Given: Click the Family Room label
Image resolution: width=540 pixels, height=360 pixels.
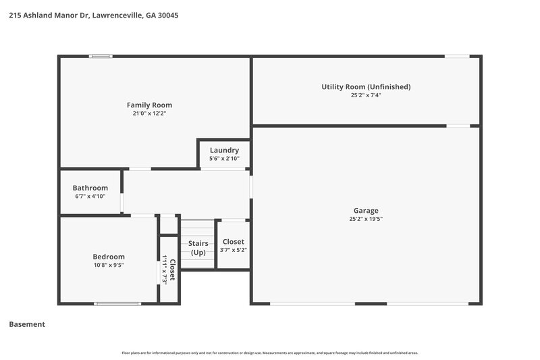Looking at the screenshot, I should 149,105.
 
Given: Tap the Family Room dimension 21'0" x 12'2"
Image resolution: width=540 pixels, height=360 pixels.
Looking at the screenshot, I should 149,113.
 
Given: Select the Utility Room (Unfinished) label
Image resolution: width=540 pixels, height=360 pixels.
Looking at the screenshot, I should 366,86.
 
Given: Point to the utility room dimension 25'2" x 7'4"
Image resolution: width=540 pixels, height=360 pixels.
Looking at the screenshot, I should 366,95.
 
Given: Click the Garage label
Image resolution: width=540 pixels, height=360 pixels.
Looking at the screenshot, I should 366,210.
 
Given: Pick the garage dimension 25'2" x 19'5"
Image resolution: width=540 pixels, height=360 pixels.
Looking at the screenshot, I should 366,219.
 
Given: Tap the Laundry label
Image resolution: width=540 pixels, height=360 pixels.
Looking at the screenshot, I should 224,150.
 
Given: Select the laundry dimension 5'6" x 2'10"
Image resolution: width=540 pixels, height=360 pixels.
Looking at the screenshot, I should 224,159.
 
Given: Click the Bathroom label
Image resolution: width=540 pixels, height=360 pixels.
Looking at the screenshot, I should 90,188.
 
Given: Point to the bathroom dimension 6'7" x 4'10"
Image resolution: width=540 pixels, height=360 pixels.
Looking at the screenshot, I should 90,197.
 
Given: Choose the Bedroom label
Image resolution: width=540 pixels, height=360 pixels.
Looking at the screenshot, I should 109,257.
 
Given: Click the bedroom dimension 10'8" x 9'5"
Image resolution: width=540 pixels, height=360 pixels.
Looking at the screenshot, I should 109,265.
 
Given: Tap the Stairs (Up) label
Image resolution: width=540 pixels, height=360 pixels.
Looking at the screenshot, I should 198,247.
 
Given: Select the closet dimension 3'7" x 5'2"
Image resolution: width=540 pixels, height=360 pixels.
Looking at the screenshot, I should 233,251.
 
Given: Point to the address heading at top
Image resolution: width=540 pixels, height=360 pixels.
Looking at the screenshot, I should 94,15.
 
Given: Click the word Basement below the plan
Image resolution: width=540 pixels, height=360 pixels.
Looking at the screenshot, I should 27,324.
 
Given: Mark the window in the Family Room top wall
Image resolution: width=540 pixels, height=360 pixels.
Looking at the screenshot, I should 101,56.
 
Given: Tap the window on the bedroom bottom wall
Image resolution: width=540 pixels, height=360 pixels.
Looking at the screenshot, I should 117,304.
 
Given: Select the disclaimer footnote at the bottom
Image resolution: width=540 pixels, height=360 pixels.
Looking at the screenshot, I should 270,353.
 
